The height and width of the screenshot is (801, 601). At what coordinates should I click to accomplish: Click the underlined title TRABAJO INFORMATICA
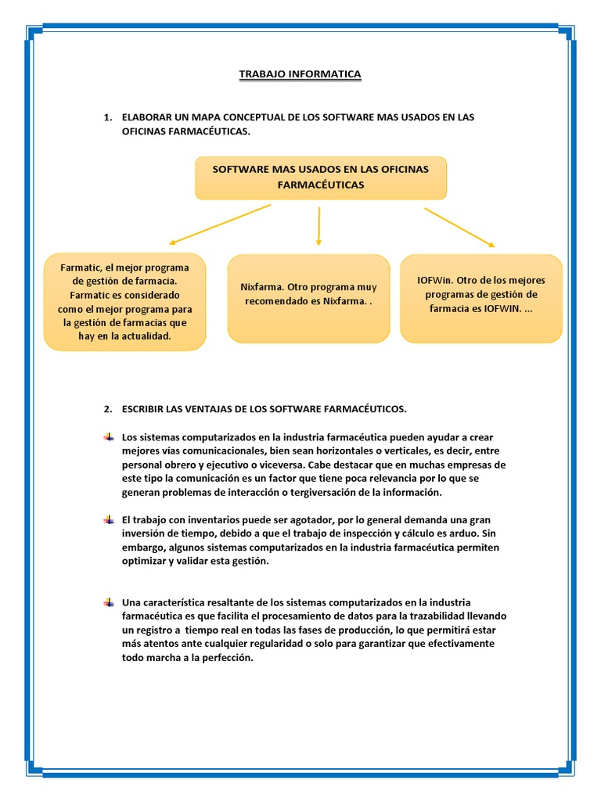pos(300,74)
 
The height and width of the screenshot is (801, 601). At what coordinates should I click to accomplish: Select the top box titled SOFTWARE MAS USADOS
pos(320,177)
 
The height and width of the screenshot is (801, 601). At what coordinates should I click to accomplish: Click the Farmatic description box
pos(124,301)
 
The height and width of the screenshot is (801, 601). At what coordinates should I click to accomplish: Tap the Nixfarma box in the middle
pos(308,298)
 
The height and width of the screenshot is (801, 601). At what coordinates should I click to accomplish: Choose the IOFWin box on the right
pos(480,298)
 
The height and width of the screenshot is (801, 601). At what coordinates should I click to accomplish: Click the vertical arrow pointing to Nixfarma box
pos(318,226)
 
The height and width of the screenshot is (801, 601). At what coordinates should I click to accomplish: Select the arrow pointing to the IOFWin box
pos(459,228)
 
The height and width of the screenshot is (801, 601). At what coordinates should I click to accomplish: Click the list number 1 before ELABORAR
pos(106,117)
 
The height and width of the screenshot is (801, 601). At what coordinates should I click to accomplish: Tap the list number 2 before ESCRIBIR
pos(106,409)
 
